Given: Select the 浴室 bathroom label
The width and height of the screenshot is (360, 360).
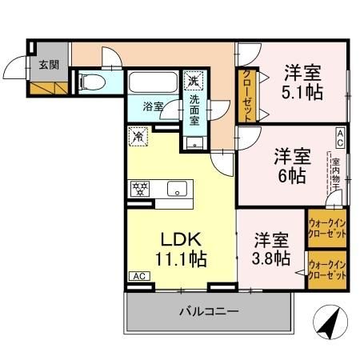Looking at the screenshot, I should point(154,105).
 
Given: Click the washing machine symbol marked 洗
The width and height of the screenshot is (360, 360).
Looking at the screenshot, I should point(193,81).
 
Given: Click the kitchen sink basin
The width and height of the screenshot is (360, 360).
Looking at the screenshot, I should point(178,190).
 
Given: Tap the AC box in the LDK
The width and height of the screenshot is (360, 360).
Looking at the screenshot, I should point(137,276).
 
